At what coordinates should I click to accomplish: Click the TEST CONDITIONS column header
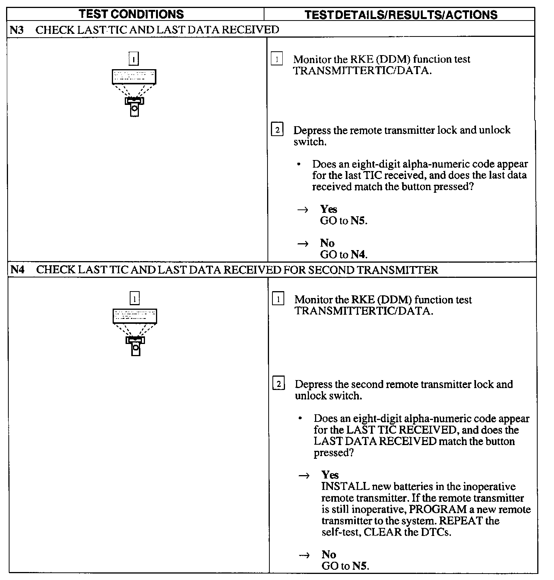click(x=131, y=14)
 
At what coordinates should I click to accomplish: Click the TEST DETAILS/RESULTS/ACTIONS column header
click(x=401, y=15)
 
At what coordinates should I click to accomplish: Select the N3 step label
click(x=17, y=30)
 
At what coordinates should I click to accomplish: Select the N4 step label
click(x=18, y=270)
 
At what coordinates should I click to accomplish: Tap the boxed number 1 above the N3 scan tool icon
click(x=134, y=59)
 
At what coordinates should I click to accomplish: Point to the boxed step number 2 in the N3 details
click(x=277, y=130)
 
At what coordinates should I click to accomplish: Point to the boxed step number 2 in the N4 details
click(x=279, y=385)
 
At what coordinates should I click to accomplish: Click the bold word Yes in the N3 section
click(x=329, y=209)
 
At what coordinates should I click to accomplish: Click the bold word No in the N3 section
click(x=327, y=243)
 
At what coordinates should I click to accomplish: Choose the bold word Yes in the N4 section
click(x=330, y=475)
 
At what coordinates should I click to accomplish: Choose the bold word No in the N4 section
click(x=329, y=555)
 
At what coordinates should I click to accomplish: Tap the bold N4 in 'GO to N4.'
click(x=358, y=255)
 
